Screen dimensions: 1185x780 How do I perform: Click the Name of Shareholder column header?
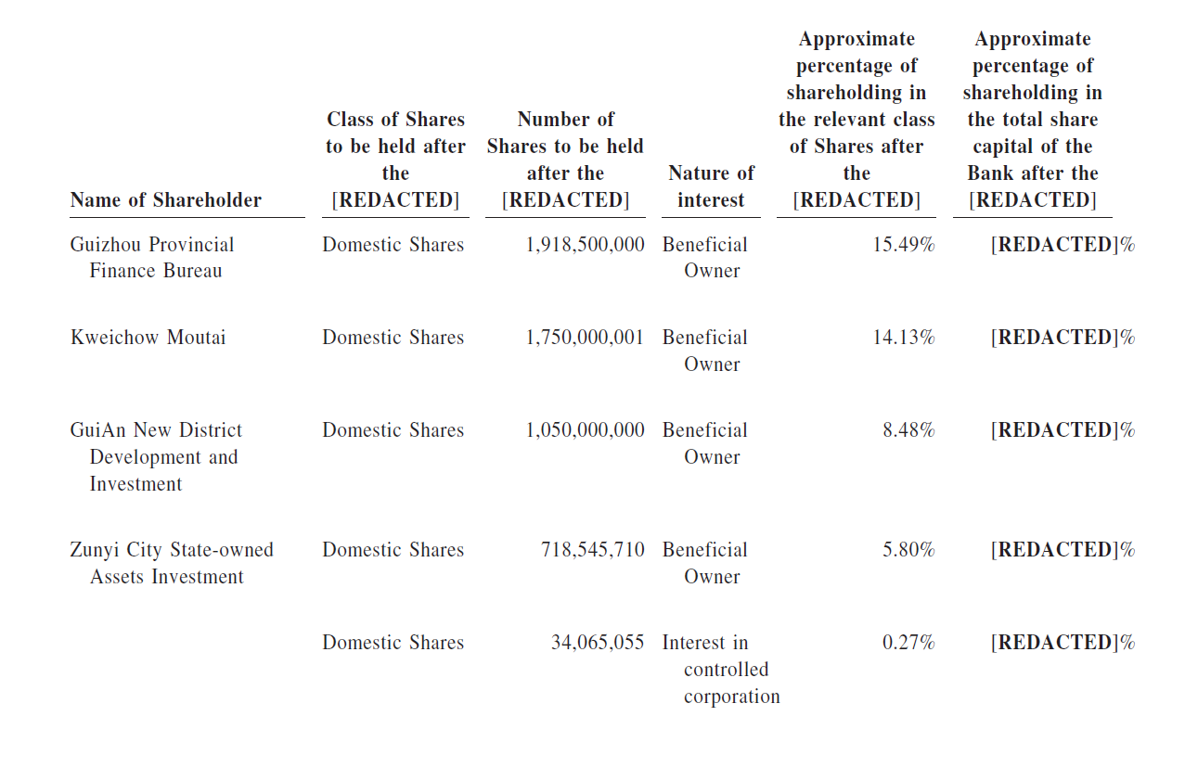click(165, 200)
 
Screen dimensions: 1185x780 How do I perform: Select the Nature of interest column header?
click(711, 186)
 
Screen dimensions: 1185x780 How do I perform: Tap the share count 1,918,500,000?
click(586, 245)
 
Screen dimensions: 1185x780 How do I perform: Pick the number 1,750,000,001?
click(585, 338)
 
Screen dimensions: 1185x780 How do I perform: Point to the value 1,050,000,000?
click(586, 430)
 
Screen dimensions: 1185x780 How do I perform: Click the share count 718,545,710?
click(592, 550)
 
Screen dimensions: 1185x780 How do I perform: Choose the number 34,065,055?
click(598, 643)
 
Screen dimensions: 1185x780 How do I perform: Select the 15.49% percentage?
click(904, 244)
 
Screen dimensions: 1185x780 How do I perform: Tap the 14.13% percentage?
click(904, 338)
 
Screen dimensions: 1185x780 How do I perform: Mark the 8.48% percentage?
click(908, 430)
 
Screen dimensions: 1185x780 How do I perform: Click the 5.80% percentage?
click(908, 549)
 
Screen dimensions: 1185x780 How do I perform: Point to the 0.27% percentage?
click(908, 643)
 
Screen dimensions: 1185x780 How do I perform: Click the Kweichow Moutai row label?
click(148, 338)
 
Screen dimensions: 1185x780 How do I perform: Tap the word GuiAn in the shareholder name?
click(99, 430)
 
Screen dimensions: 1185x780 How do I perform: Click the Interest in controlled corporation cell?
click(721, 670)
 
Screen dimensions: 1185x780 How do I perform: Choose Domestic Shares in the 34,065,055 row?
click(393, 643)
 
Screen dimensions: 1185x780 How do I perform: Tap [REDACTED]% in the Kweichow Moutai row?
click(1063, 338)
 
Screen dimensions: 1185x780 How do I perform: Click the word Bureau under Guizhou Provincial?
click(193, 271)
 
